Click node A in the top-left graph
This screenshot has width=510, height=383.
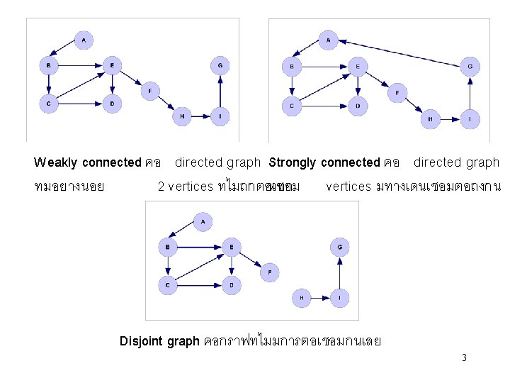(84, 40)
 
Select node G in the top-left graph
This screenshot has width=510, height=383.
(220, 66)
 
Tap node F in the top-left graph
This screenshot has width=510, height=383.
(150, 90)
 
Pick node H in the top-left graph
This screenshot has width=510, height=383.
(182, 116)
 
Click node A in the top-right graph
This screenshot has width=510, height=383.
(328, 40)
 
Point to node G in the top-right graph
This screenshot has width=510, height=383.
(470, 67)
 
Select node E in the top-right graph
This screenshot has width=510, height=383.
(358, 67)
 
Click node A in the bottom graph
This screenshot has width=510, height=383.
(203, 222)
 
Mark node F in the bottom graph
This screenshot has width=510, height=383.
(269, 272)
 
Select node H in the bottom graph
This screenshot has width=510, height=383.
(302, 298)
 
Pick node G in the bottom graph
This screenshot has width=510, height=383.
(340, 247)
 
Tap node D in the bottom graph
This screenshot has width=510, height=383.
(231, 286)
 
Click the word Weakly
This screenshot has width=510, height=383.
(56, 162)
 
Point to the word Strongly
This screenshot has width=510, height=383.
(293, 162)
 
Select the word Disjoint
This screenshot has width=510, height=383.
(141, 341)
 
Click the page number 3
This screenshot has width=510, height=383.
(464, 357)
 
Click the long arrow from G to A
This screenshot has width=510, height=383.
(401, 50)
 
